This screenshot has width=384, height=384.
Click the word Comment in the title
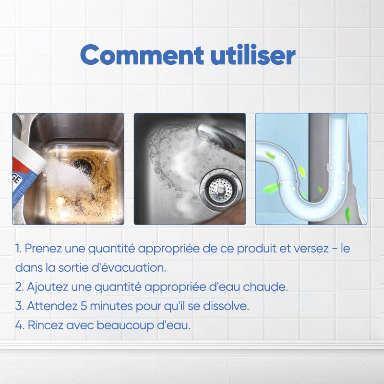[x=142, y=55]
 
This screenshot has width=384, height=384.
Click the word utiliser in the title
[x=253, y=54]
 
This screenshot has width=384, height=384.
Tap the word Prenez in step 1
[x=43, y=249]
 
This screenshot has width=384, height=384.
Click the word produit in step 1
[x=257, y=249]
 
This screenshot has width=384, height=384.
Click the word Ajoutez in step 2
[x=48, y=287]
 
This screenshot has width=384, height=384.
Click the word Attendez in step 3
[x=52, y=306]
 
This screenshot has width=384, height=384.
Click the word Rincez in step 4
[x=45, y=325]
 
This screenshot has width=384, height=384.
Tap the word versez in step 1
[x=311, y=249]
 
